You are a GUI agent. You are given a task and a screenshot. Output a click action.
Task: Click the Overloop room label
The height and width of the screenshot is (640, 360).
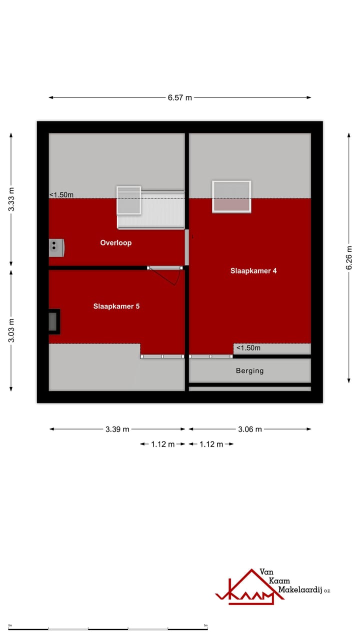[x=115, y=243]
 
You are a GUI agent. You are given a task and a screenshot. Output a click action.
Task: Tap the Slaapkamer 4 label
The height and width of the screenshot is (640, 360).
[x=253, y=271]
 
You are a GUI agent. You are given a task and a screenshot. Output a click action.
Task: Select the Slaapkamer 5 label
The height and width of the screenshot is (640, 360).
[x=116, y=306]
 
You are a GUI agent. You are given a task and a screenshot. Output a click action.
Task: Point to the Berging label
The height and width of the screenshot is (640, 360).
[x=249, y=371]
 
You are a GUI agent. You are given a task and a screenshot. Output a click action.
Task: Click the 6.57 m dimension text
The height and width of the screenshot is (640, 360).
[x=180, y=98]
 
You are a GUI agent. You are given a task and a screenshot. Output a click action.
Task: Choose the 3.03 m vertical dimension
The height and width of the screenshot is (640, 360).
[x=11, y=330]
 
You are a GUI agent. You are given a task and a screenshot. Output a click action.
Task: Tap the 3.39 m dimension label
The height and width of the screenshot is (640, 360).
[x=117, y=429]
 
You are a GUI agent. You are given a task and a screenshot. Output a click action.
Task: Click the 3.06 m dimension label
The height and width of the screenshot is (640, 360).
[x=249, y=429]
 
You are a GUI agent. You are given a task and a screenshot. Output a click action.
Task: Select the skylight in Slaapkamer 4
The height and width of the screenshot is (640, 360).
[x=231, y=196]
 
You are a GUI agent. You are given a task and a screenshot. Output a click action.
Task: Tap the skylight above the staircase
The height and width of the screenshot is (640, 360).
[x=129, y=200]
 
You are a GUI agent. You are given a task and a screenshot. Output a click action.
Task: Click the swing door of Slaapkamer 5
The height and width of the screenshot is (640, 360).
[x=165, y=275]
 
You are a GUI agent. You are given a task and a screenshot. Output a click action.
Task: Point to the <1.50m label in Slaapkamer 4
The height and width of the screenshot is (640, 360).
[x=248, y=348]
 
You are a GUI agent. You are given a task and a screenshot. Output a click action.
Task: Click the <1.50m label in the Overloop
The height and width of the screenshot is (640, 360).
[x=61, y=195]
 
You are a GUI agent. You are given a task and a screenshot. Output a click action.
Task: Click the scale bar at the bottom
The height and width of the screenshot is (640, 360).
[x=108, y=628]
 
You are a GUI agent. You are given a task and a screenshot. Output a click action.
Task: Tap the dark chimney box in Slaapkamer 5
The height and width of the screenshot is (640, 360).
[x=53, y=321]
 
